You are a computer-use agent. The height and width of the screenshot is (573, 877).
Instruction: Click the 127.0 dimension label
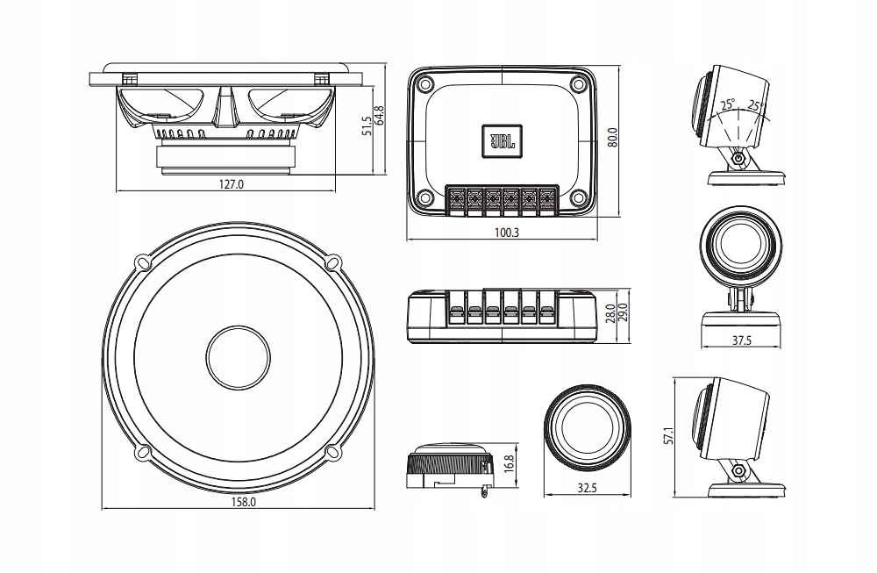[x=231, y=184]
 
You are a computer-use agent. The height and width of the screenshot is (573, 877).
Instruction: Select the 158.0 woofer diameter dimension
[x=243, y=502]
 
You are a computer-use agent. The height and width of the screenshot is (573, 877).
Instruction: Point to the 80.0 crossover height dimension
[x=612, y=139]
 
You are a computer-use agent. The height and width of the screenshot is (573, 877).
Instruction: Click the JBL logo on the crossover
[x=502, y=140]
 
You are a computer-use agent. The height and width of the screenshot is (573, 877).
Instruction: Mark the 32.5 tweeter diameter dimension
[x=588, y=488]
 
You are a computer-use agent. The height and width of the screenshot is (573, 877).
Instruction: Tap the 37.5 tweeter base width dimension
[x=741, y=341]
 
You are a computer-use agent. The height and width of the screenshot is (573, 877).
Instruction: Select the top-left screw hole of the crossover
[x=425, y=85]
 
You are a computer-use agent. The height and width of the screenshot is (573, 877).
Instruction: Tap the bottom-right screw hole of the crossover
[x=578, y=198]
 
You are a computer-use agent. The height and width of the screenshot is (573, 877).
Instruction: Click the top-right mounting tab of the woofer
[x=332, y=262]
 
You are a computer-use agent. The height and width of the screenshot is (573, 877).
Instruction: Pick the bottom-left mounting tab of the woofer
[x=142, y=453]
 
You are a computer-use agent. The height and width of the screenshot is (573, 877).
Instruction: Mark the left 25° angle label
[x=727, y=104]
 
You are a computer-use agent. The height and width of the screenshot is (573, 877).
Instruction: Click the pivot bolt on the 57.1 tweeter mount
[x=739, y=470]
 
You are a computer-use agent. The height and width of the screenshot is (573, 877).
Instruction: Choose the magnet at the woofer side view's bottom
[x=225, y=158]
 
